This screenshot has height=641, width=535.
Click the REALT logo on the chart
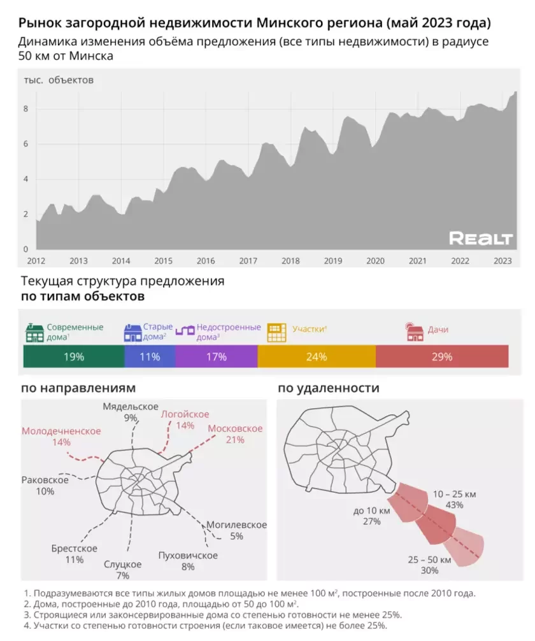(x=481, y=239)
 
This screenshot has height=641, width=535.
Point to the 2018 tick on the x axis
(x=290, y=260)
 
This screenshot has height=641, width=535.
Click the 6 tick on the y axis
(x=26, y=144)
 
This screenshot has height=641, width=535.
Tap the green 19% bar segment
(x=74, y=357)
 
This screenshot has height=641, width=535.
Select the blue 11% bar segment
(x=150, y=357)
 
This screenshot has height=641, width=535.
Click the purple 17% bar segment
(x=217, y=357)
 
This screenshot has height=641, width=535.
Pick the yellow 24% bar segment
(x=317, y=357)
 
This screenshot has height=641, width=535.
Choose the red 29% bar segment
(x=442, y=357)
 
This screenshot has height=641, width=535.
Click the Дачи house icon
(x=415, y=332)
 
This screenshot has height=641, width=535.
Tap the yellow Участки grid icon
(x=277, y=332)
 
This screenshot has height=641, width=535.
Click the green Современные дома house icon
(x=34, y=332)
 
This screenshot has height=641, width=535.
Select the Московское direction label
(x=235, y=428)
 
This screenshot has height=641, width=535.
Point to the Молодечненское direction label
(x=61, y=431)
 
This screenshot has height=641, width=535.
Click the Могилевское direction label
(x=236, y=525)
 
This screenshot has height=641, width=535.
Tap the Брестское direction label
(x=75, y=549)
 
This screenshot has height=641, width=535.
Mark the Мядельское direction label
(x=131, y=407)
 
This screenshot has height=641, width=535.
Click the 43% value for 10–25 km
(x=455, y=505)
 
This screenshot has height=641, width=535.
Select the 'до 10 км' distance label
(x=371, y=510)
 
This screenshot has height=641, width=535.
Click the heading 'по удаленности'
(x=328, y=388)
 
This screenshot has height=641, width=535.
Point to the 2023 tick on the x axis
(x=503, y=260)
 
